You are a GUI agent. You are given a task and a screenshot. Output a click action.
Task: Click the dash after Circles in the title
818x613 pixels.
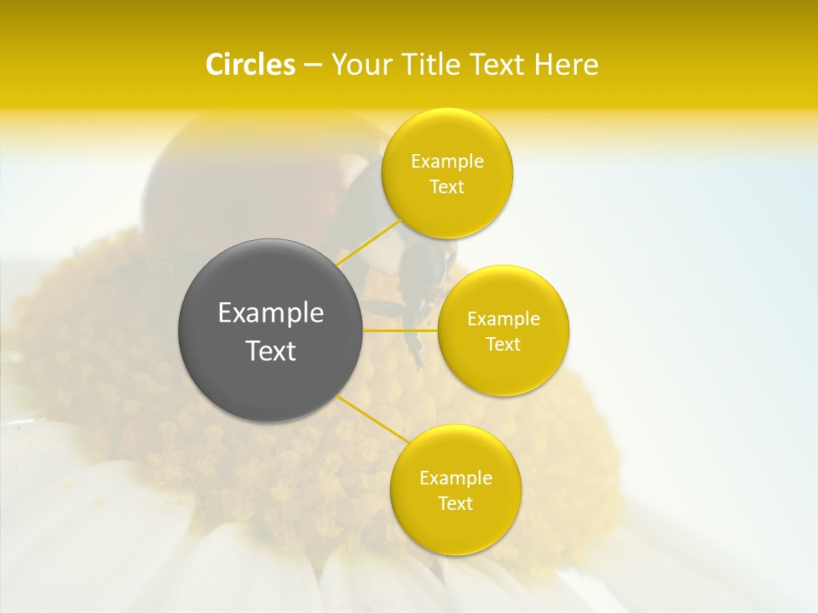(x=313, y=66)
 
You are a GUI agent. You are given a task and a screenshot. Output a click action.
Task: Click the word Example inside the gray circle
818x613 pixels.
(x=270, y=313)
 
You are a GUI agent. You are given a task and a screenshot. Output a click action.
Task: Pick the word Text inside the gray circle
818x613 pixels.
(x=270, y=351)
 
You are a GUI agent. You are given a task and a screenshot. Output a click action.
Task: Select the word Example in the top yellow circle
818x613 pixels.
(x=447, y=162)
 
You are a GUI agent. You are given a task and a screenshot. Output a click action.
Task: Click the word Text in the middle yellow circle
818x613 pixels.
(x=503, y=344)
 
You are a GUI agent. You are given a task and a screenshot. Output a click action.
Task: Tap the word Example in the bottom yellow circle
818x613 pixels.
(x=455, y=478)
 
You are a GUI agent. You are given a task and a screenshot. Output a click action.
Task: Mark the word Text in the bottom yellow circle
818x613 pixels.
(x=455, y=503)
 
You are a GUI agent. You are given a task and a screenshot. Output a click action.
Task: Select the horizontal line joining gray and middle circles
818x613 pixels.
(x=400, y=329)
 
